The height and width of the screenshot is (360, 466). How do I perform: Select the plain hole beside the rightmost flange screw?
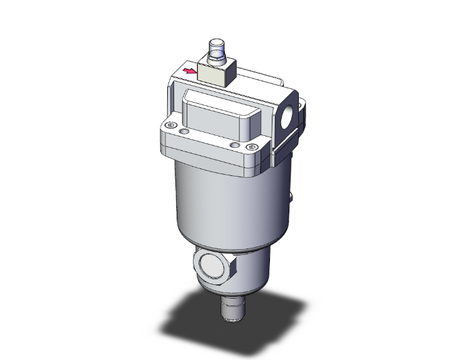234,145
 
